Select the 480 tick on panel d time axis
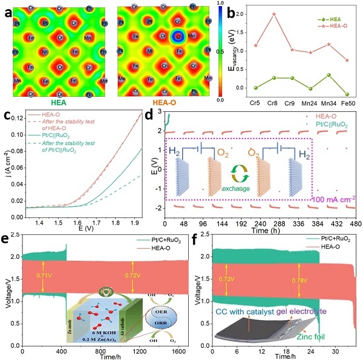coord(353,223)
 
